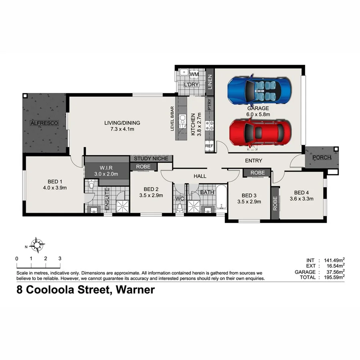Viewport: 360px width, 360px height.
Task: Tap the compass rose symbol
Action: click(37, 245)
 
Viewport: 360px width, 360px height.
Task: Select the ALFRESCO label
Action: click(44, 123)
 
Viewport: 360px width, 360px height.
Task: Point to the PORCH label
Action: click(322, 157)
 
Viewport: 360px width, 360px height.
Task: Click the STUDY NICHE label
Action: click(151, 159)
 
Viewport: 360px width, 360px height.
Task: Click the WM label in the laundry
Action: click(194, 74)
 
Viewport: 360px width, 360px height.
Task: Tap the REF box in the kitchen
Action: click(209, 146)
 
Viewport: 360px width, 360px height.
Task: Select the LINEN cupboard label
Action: click(209, 82)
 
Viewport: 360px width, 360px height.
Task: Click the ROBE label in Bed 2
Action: click(143, 166)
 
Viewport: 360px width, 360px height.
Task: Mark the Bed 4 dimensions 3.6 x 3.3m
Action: click(301, 198)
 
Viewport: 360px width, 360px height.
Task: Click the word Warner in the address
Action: click(135, 290)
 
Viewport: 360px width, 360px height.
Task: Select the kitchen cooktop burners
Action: click(209, 126)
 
